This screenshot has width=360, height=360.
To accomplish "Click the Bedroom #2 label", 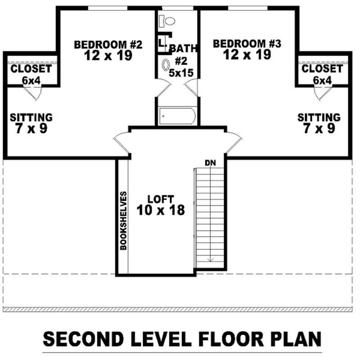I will (108, 45).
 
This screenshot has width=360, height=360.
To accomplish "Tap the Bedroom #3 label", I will (247, 44).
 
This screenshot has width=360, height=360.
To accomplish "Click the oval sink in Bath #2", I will (166, 65).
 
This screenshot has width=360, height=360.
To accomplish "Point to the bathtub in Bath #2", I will (177, 117).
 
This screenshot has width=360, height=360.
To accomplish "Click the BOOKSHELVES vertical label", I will (123, 221).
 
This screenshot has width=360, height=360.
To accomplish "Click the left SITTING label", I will (31, 117).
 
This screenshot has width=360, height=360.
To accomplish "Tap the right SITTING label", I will (319, 117).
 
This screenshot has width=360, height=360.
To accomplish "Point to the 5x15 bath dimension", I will (181, 72).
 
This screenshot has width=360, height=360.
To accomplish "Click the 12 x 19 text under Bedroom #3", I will (247, 55).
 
